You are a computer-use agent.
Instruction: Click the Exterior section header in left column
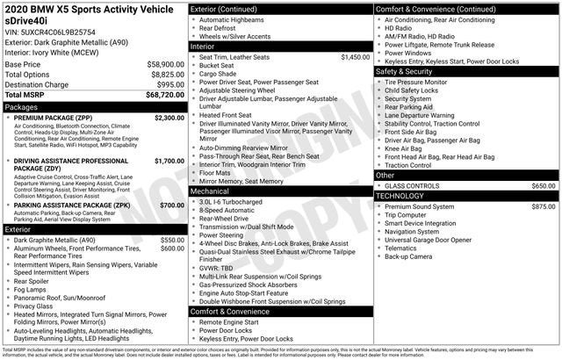tap(19, 228)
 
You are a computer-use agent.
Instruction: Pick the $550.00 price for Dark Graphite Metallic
tap(172, 240)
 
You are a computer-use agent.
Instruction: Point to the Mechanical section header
tap(209, 190)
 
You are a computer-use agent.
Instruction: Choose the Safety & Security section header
tap(408, 71)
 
